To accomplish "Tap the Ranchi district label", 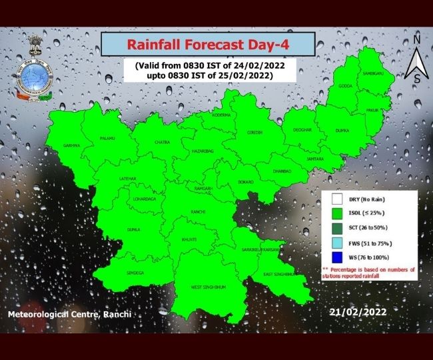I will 197,212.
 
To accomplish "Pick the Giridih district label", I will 255,133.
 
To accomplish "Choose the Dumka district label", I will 342,131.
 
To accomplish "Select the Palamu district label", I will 108,138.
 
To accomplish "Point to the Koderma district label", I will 221,115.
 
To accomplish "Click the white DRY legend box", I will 336,199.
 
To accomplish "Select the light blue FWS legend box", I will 336,242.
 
